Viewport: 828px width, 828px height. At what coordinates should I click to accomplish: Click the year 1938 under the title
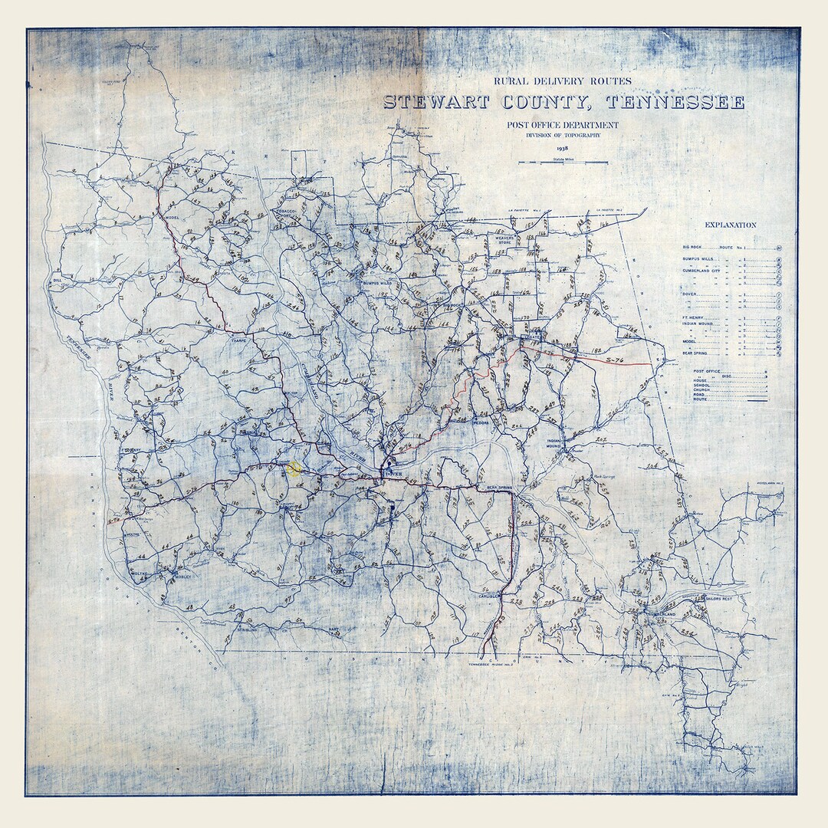tap(563, 149)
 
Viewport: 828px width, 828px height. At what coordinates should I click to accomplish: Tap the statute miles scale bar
tap(563, 163)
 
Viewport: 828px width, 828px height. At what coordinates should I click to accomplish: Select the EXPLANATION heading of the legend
tap(730, 225)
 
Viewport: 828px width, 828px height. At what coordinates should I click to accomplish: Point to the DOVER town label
tap(393, 475)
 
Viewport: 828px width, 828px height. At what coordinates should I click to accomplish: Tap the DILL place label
tap(56, 281)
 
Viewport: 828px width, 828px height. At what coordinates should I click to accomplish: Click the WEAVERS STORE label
tap(504, 241)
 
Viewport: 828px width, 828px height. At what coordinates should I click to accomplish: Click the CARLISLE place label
tap(490, 595)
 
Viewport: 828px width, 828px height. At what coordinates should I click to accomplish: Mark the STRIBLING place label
tap(246, 629)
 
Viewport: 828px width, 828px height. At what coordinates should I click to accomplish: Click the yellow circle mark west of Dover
tap(294, 469)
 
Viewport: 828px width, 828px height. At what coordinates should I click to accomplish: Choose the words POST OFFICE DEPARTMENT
tap(562, 125)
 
